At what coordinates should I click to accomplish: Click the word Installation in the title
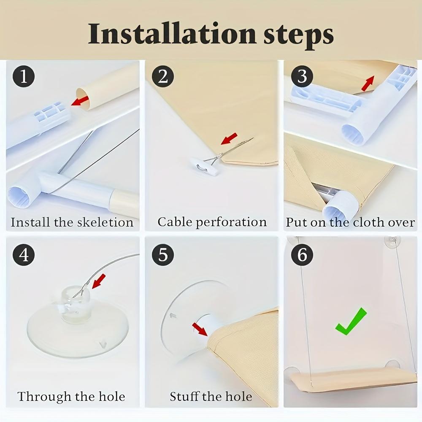click(x=172, y=34)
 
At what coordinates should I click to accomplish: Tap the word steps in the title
click(x=298, y=36)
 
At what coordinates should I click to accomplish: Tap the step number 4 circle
click(x=24, y=254)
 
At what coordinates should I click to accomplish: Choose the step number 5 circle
click(x=163, y=254)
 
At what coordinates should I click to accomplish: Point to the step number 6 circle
click(x=302, y=254)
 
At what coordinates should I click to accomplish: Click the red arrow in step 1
click(x=80, y=101)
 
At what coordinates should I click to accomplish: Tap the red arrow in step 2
click(x=229, y=138)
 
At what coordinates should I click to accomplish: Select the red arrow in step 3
click(x=368, y=84)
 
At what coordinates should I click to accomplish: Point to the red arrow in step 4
click(x=98, y=281)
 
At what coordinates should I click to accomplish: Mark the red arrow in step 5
click(x=200, y=330)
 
